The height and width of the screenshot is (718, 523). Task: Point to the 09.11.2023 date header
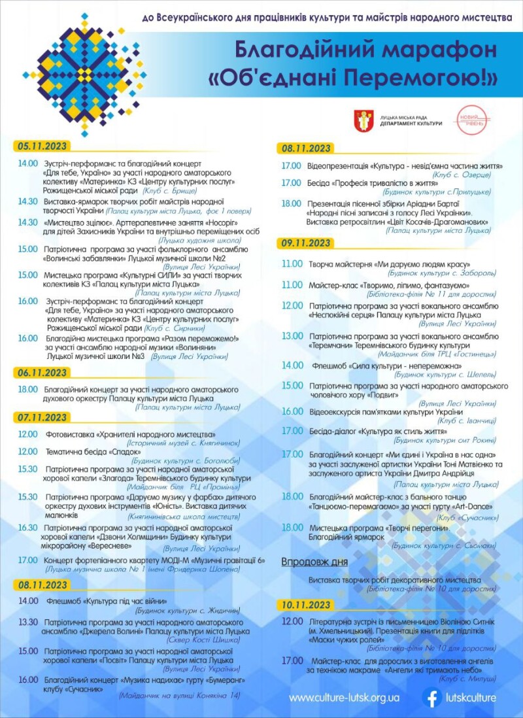pyautogui.click(x=307, y=243)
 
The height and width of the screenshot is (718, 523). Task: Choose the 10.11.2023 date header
pyautogui.click(x=307, y=604)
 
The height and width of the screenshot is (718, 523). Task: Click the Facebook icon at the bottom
pyautogui.click(x=432, y=698)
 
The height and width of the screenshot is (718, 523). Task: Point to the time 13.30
pyautogui.click(x=28, y=622)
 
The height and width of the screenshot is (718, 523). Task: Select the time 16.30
pyautogui.click(x=28, y=527)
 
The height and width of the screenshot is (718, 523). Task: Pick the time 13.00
pyautogui.click(x=292, y=336)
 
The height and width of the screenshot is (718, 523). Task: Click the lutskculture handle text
pyautogui.click(x=472, y=698)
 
